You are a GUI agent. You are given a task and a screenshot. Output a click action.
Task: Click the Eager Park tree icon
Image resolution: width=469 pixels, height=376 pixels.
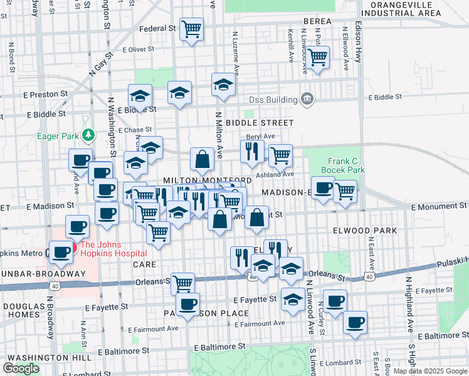[x=89, y=135]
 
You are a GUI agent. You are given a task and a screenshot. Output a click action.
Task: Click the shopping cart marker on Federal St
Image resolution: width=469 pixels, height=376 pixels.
[x=192, y=29]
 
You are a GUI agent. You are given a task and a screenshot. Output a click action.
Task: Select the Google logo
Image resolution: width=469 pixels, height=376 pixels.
[x=21, y=368]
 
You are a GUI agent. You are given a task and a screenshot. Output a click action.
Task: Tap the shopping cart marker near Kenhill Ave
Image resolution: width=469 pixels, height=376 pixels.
[x=318, y=57]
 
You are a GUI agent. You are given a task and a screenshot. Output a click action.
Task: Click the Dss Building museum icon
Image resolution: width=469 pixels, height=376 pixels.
[x=307, y=98]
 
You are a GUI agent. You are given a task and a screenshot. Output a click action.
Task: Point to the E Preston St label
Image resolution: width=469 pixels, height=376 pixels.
[x=45, y=94]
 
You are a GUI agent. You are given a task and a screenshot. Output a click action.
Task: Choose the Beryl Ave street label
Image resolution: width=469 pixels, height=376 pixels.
[x=260, y=136]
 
